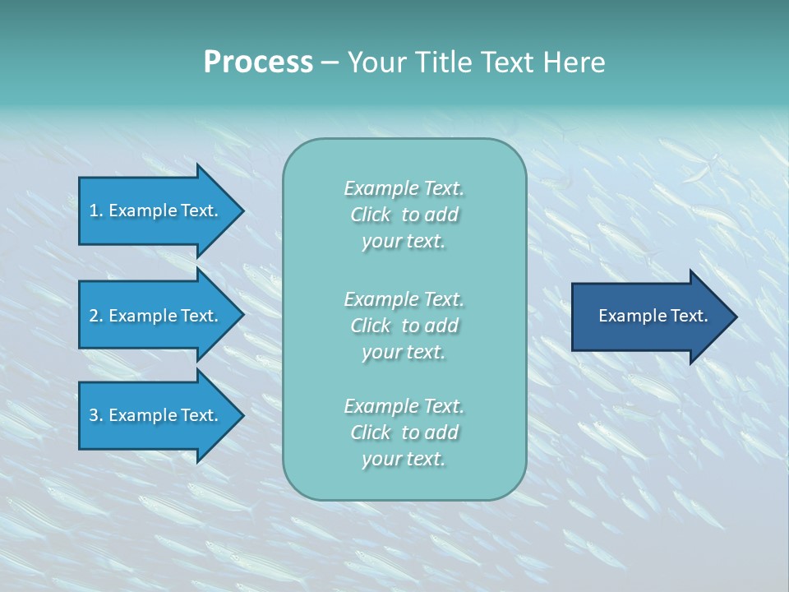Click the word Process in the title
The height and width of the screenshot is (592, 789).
[258, 62]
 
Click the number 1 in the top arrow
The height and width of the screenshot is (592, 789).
[94, 210]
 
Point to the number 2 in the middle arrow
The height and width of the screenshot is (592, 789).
[94, 316]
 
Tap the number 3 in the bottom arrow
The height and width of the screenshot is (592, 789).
[94, 415]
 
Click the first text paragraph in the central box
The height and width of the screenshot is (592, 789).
[404, 215]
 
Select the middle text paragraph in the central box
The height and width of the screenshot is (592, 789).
[404, 326]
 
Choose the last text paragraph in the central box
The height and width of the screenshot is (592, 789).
[404, 432]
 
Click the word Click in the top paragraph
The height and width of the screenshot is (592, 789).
[371, 215]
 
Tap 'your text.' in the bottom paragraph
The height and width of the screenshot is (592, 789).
[404, 459]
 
